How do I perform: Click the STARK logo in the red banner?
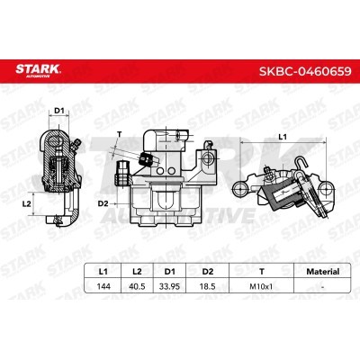[x=39, y=70]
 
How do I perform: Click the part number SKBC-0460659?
[x=305, y=71]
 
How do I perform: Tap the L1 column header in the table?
[x=103, y=272]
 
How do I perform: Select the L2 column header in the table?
[x=137, y=272]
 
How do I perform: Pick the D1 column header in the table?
[x=170, y=272]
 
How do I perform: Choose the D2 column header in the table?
[x=207, y=272]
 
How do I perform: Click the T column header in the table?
[x=262, y=272]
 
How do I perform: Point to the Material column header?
[x=322, y=272]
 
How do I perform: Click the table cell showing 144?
[x=103, y=286]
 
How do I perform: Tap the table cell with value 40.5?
[x=137, y=286]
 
